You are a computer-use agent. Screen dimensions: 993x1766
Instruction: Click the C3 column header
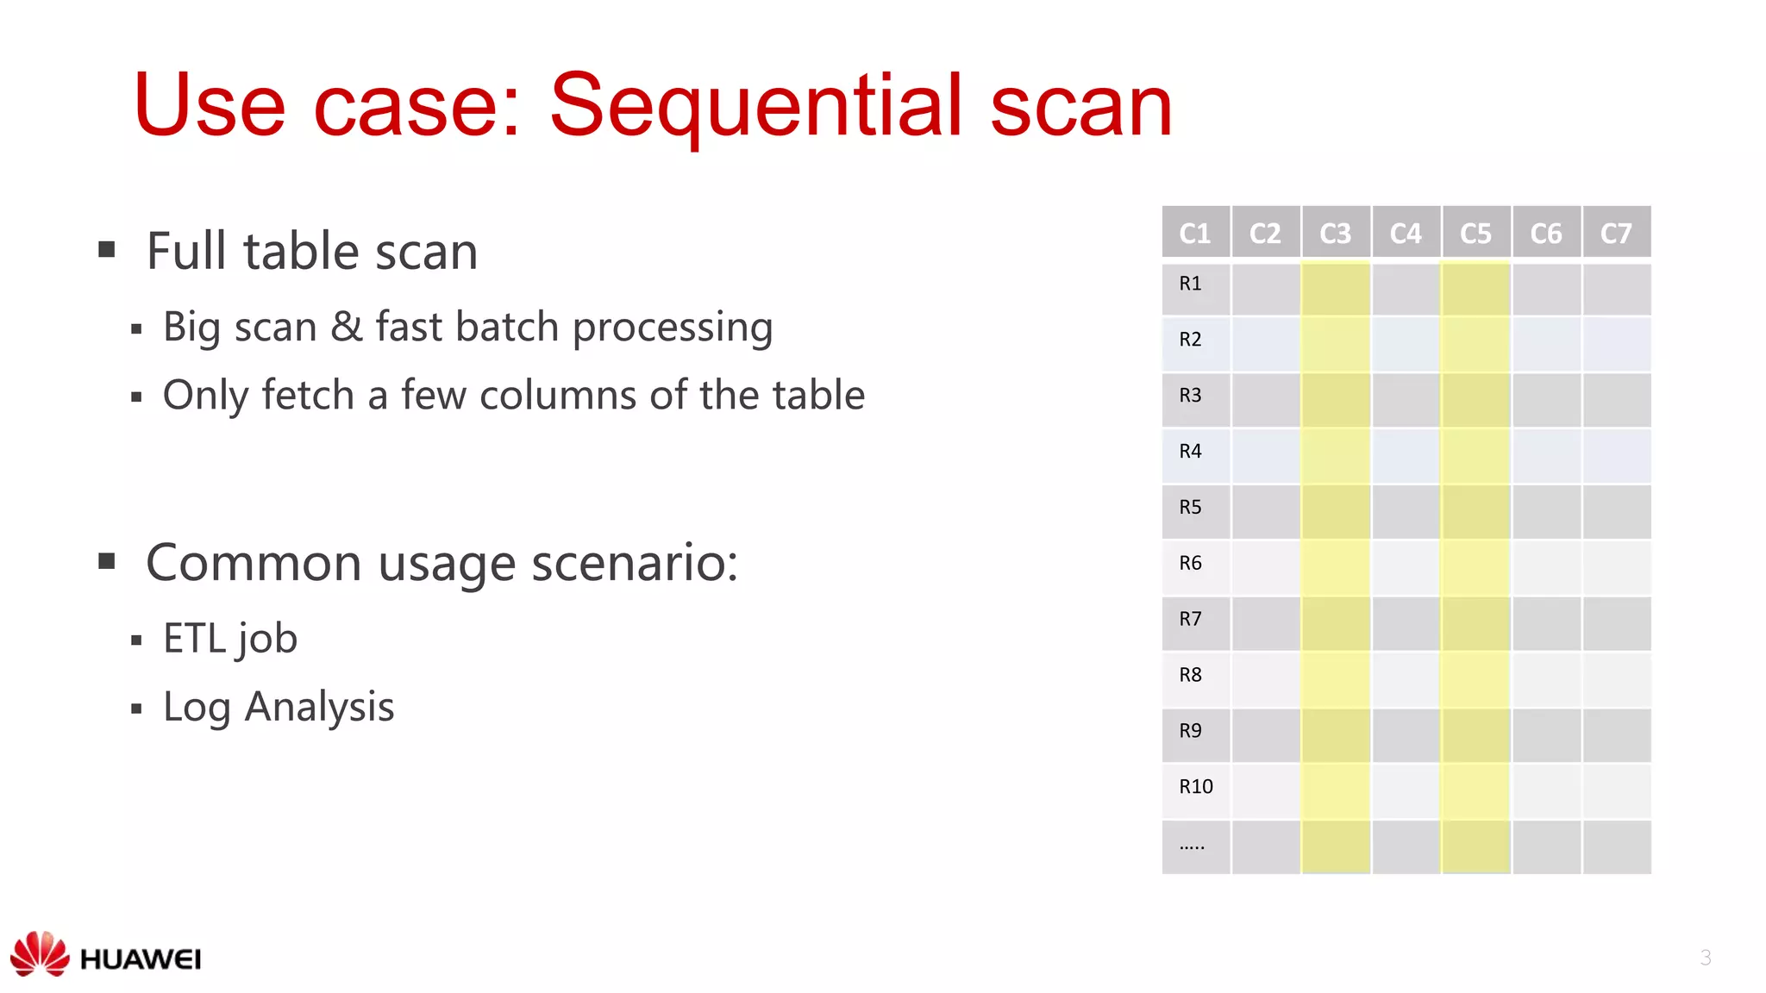[x=1335, y=233]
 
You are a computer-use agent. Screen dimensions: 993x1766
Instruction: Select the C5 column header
[x=1475, y=233]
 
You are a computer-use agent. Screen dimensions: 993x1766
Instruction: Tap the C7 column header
[x=1616, y=233]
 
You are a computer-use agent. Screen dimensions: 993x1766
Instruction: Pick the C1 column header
[x=1195, y=233]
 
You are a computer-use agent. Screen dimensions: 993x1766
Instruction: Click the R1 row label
[x=1190, y=284]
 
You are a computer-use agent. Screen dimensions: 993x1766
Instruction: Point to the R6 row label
[x=1190, y=563]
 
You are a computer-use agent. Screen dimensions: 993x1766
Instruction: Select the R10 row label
[x=1195, y=786]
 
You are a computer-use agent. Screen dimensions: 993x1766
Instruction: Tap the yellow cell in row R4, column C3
[x=1335, y=456]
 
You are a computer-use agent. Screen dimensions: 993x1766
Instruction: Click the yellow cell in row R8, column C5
[x=1475, y=679]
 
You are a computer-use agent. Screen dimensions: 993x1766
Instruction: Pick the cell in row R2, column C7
[x=1616, y=344]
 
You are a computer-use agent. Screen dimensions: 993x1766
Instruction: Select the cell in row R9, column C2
[x=1265, y=735]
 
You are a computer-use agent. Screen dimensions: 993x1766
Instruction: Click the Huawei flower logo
[x=40, y=953]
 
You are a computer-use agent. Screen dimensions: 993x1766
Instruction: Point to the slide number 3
[x=1705, y=958]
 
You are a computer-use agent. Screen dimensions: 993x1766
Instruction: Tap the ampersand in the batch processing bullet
[x=346, y=328]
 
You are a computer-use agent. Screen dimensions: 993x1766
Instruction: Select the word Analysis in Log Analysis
[x=319, y=708]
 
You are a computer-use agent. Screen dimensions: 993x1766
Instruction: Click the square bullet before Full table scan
[x=107, y=250]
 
